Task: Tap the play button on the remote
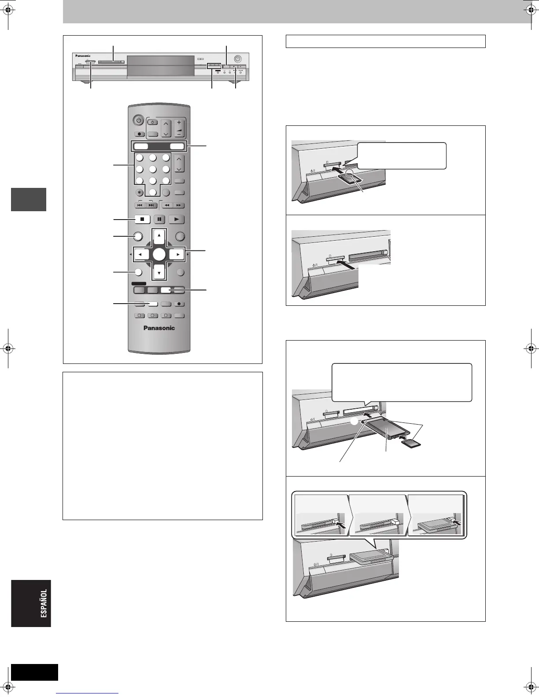coord(176,219)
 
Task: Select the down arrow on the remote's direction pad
coord(159,272)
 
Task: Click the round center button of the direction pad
coord(159,254)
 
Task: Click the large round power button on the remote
coord(138,120)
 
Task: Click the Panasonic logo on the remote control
coord(159,328)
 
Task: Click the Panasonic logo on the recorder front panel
coord(82,56)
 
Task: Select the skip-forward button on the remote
coord(151,205)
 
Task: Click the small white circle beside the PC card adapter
coord(355,421)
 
